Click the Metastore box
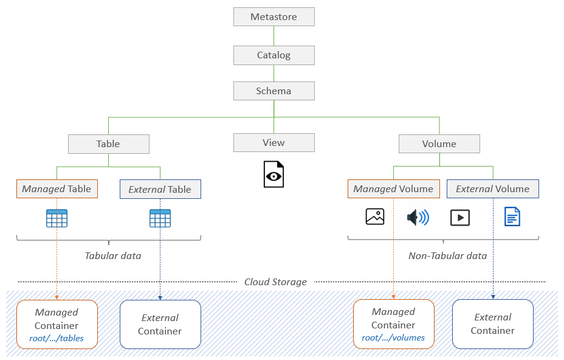[273, 17]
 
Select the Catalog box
[273, 55]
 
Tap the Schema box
[273, 91]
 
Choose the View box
[273, 143]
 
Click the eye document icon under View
[273, 175]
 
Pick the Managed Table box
[57, 189]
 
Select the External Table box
[160, 190]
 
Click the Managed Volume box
[393, 189]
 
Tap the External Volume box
[492, 189]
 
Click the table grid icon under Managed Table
[57, 218]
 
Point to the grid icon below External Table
[160, 218]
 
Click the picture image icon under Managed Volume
[375, 216]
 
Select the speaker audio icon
[418, 217]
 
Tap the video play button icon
[460, 217]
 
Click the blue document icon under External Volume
[512, 216]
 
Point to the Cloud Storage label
[275, 282]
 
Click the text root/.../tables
[57, 339]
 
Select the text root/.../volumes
[393, 338]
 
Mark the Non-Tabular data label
[447, 256]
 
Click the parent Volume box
[439, 144]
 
